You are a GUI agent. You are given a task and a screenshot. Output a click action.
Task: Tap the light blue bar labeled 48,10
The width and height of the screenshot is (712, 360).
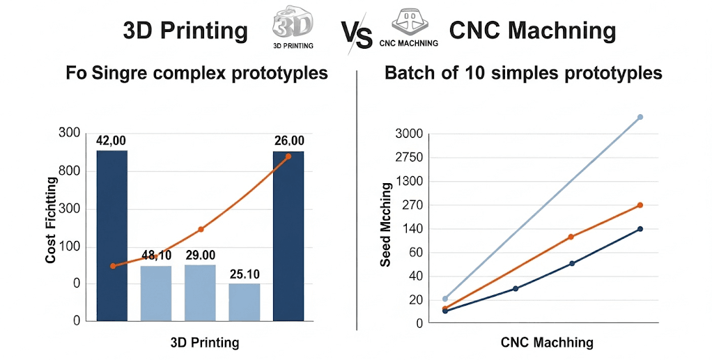(156, 292)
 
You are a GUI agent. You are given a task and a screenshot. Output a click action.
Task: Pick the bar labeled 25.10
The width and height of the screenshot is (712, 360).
(245, 302)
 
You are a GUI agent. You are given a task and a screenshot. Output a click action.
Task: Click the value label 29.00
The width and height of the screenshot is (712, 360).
(200, 256)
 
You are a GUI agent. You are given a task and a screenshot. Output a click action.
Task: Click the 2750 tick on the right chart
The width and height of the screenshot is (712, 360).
(409, 157)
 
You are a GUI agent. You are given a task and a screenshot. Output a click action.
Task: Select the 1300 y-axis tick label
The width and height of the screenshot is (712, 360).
(409, 182)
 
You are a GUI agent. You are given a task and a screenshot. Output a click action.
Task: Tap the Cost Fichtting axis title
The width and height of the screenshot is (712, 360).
(51, 220)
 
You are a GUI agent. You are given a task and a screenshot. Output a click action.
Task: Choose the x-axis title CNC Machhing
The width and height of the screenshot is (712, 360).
(547, 343)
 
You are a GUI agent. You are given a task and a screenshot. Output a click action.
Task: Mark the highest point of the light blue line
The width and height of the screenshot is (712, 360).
(640, 117)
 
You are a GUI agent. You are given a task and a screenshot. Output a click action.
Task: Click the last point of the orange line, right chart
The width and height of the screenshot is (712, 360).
(640, 205)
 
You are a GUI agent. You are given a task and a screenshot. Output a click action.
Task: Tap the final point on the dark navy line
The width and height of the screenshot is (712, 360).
(640, 229)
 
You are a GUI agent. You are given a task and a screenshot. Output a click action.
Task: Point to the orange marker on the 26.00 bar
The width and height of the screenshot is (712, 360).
(288, 156)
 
